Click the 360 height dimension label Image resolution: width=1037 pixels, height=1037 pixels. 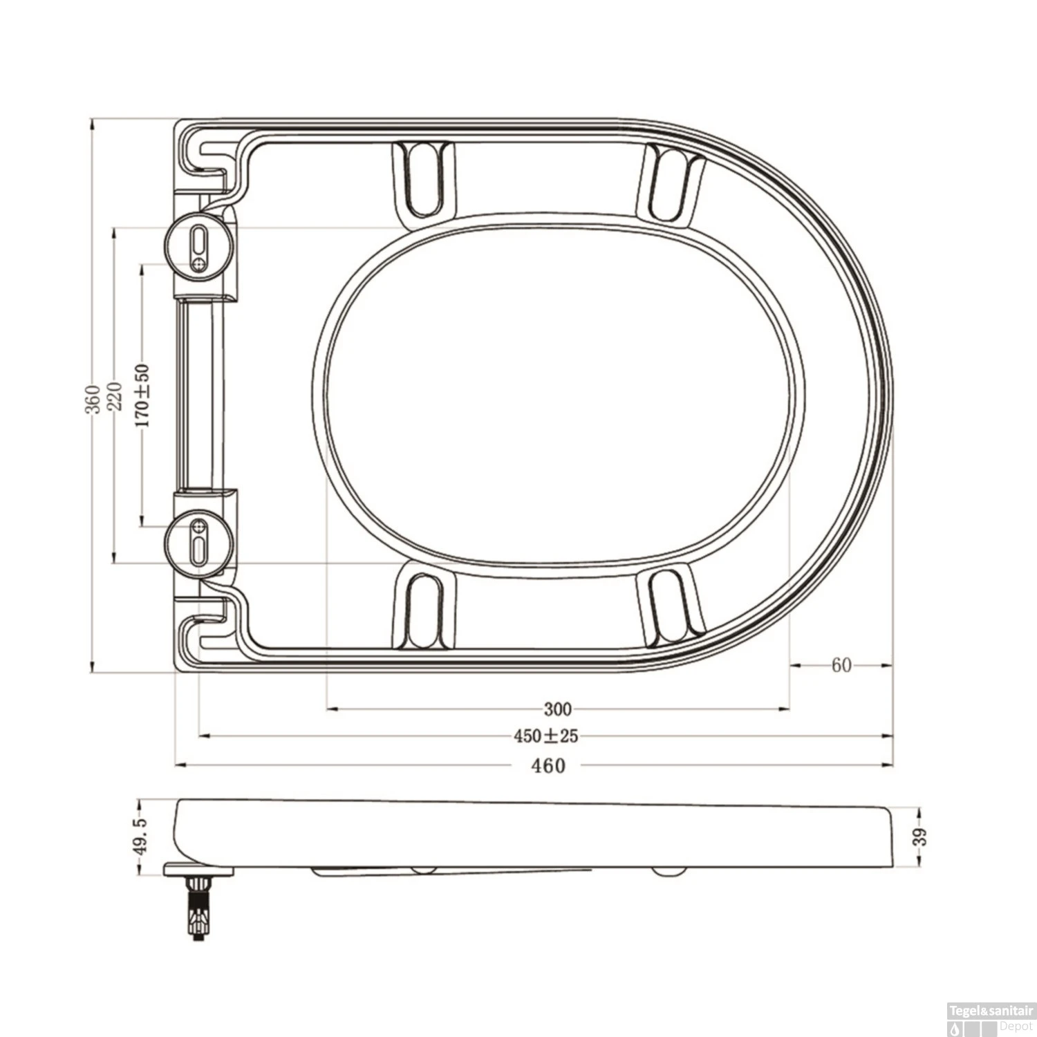92,399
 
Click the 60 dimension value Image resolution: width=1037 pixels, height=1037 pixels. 841,665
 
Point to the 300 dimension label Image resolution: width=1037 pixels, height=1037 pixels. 558,709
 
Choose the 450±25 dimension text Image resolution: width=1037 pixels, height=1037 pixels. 545,736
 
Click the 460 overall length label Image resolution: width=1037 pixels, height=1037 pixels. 548,765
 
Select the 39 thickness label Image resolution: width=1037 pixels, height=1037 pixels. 919,837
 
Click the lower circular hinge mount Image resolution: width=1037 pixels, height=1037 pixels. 199,541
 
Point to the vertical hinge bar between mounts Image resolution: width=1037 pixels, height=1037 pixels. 200,394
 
